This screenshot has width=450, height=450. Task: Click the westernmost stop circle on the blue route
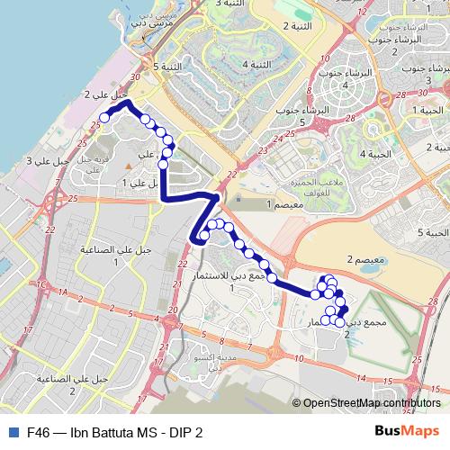pos(104,116)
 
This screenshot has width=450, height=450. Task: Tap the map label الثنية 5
pos(168,67)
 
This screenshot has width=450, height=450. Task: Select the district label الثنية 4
pos(257,65)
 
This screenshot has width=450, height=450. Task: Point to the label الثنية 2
pos(298,26)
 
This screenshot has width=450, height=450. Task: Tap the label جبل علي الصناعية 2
pos(73,382)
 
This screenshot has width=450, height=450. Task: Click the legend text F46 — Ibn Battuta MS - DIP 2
pos(114,432)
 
